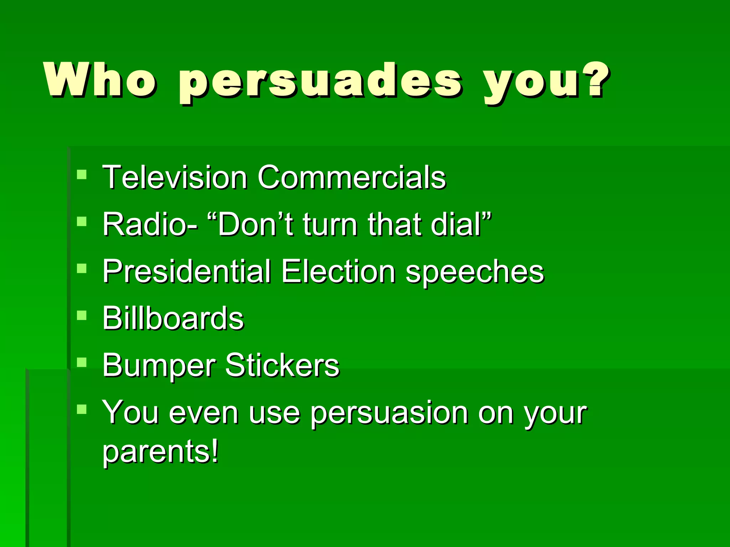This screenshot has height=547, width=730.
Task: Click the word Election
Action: pos(338,271)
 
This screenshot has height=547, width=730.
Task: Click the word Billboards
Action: pos(173,318)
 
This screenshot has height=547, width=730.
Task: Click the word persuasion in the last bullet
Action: pos(389,414)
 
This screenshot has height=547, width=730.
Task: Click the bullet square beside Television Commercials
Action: pos(82,174)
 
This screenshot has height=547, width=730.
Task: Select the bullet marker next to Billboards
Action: pos(82,316)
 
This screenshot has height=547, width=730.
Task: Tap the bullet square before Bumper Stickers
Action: pos(82,363)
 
